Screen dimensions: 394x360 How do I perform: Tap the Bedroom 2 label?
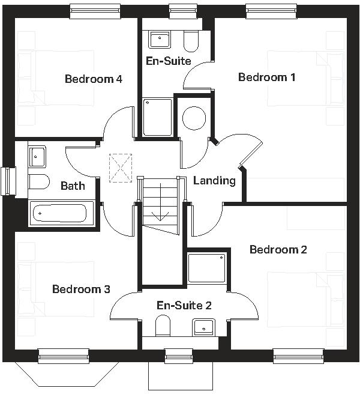click(278, 249)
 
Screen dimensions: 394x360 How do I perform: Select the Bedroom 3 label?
click(81, 289)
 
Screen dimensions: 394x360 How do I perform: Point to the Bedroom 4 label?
click(94, 79)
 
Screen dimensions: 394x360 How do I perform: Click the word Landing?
click(214, 180)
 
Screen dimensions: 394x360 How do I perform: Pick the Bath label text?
click(73, 186)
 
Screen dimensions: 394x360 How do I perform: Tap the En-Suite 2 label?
click(184, 305)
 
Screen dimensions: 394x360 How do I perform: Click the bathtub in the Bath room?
click(61, 213)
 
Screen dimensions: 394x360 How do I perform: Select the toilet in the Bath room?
click(38, 182)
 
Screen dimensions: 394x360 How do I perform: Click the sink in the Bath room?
click(37, 157)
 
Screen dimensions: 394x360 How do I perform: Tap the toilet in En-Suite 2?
click(163, 326)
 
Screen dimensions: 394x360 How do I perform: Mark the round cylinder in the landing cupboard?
click(194, 118)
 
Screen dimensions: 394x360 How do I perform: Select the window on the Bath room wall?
click(8, 181)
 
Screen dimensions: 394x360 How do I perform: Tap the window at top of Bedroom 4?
click(95, 10)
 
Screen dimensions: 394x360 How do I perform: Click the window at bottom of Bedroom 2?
click(290, 356)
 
